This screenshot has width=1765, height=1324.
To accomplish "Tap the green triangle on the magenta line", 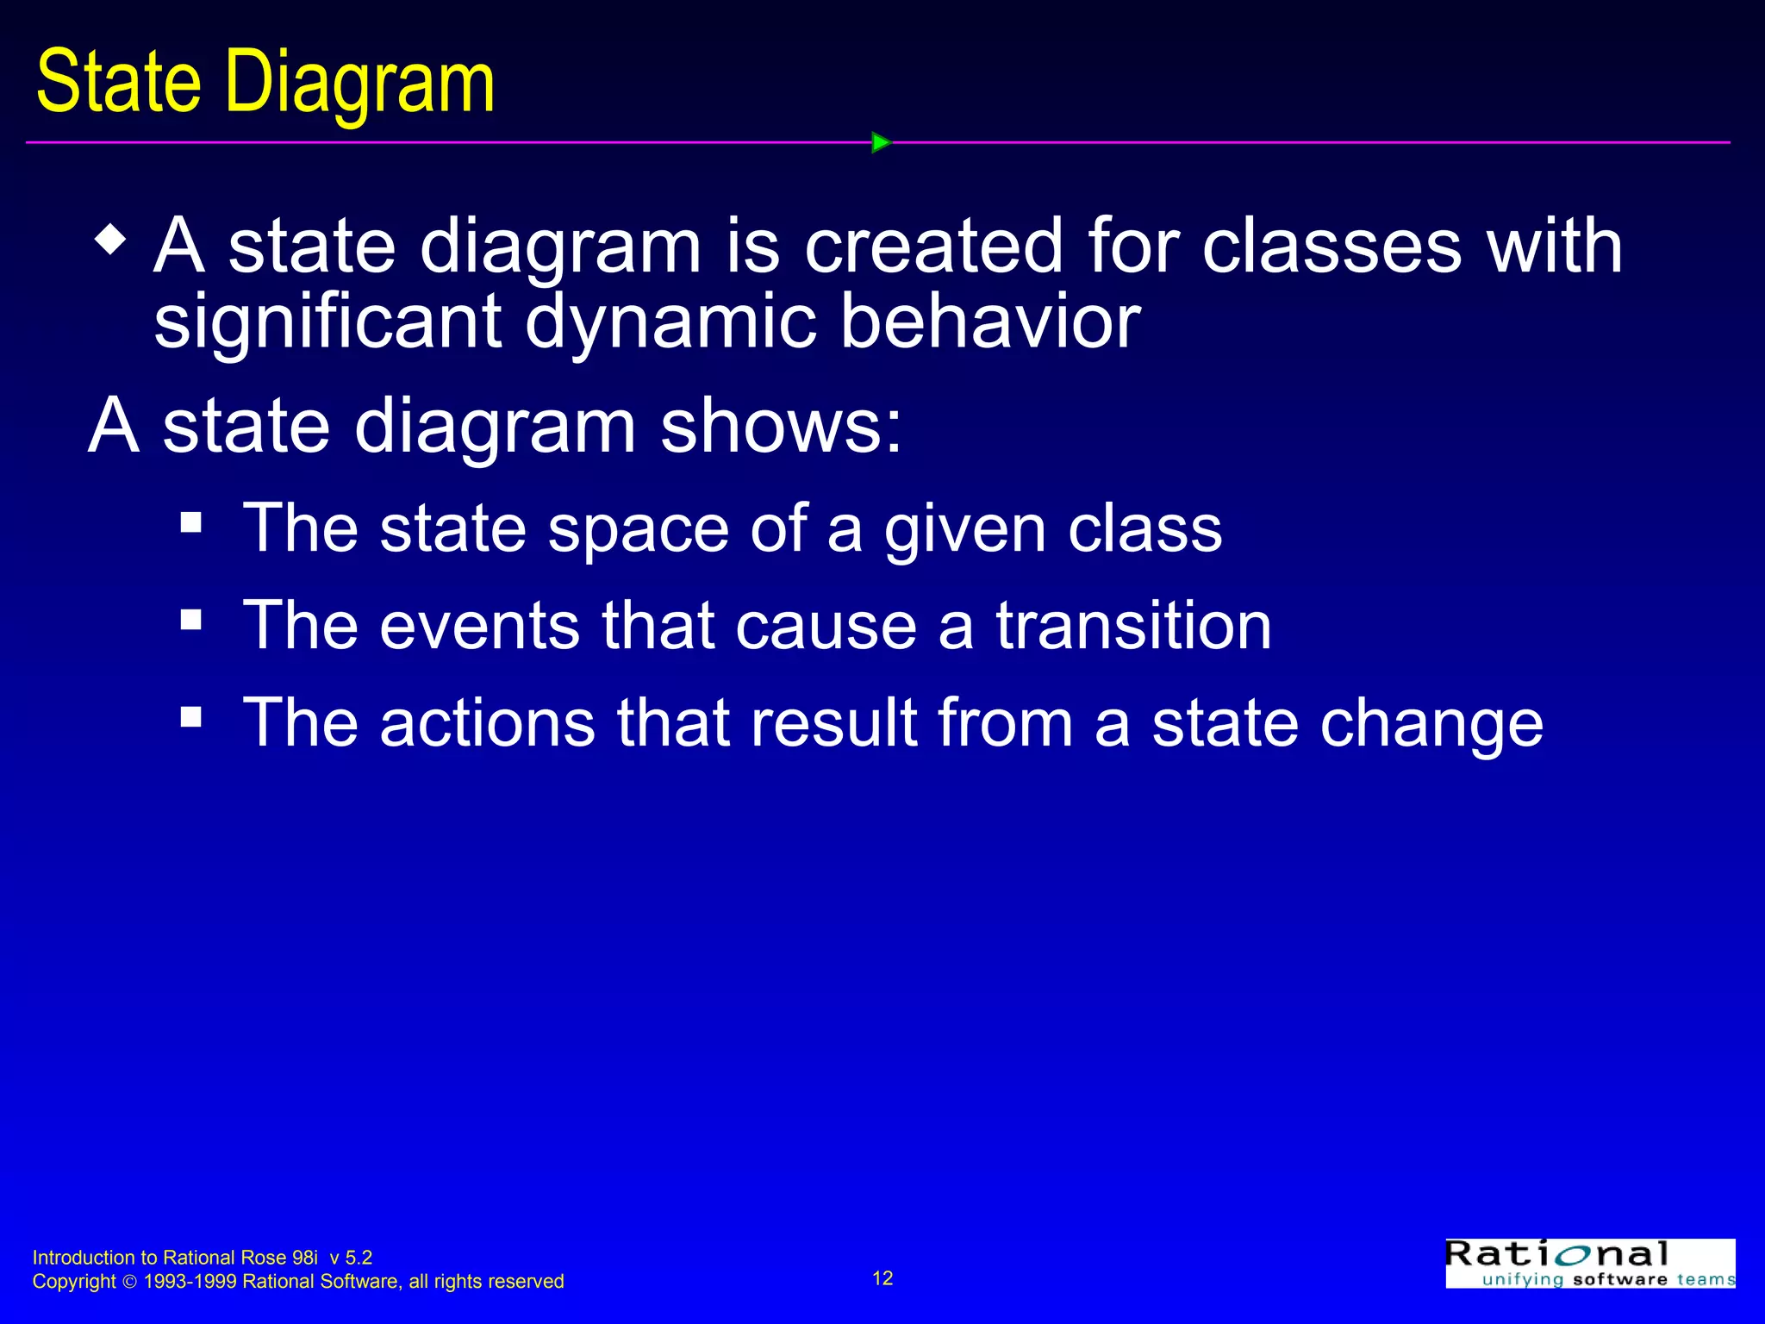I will coord(880,142).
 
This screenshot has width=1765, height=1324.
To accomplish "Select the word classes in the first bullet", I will coord(1332,247).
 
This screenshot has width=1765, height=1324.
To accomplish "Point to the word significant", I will coord(327,322).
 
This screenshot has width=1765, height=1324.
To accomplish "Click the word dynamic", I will coord(670,322).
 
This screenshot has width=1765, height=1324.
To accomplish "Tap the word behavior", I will coord(989,321).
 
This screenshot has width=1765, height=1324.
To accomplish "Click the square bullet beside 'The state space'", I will coord(190,521).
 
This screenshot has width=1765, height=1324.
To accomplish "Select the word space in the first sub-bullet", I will coord(639,528).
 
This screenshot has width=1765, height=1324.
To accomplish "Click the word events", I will coord(479,625).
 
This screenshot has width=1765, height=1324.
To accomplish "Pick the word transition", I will coord(1133,625).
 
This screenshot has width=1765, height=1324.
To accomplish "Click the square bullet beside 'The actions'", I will coord(190,716).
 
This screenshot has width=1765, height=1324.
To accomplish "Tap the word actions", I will coord(487,722).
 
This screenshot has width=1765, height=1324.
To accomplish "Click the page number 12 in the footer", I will coord(882,1278).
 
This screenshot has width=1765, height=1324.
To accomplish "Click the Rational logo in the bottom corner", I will coord(1590,1264).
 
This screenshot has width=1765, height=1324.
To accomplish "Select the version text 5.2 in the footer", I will coord(359,1258).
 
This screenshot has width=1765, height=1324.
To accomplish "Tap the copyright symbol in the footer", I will coord(129,1282).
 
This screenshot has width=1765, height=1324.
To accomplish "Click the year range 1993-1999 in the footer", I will coord(190,1282).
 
